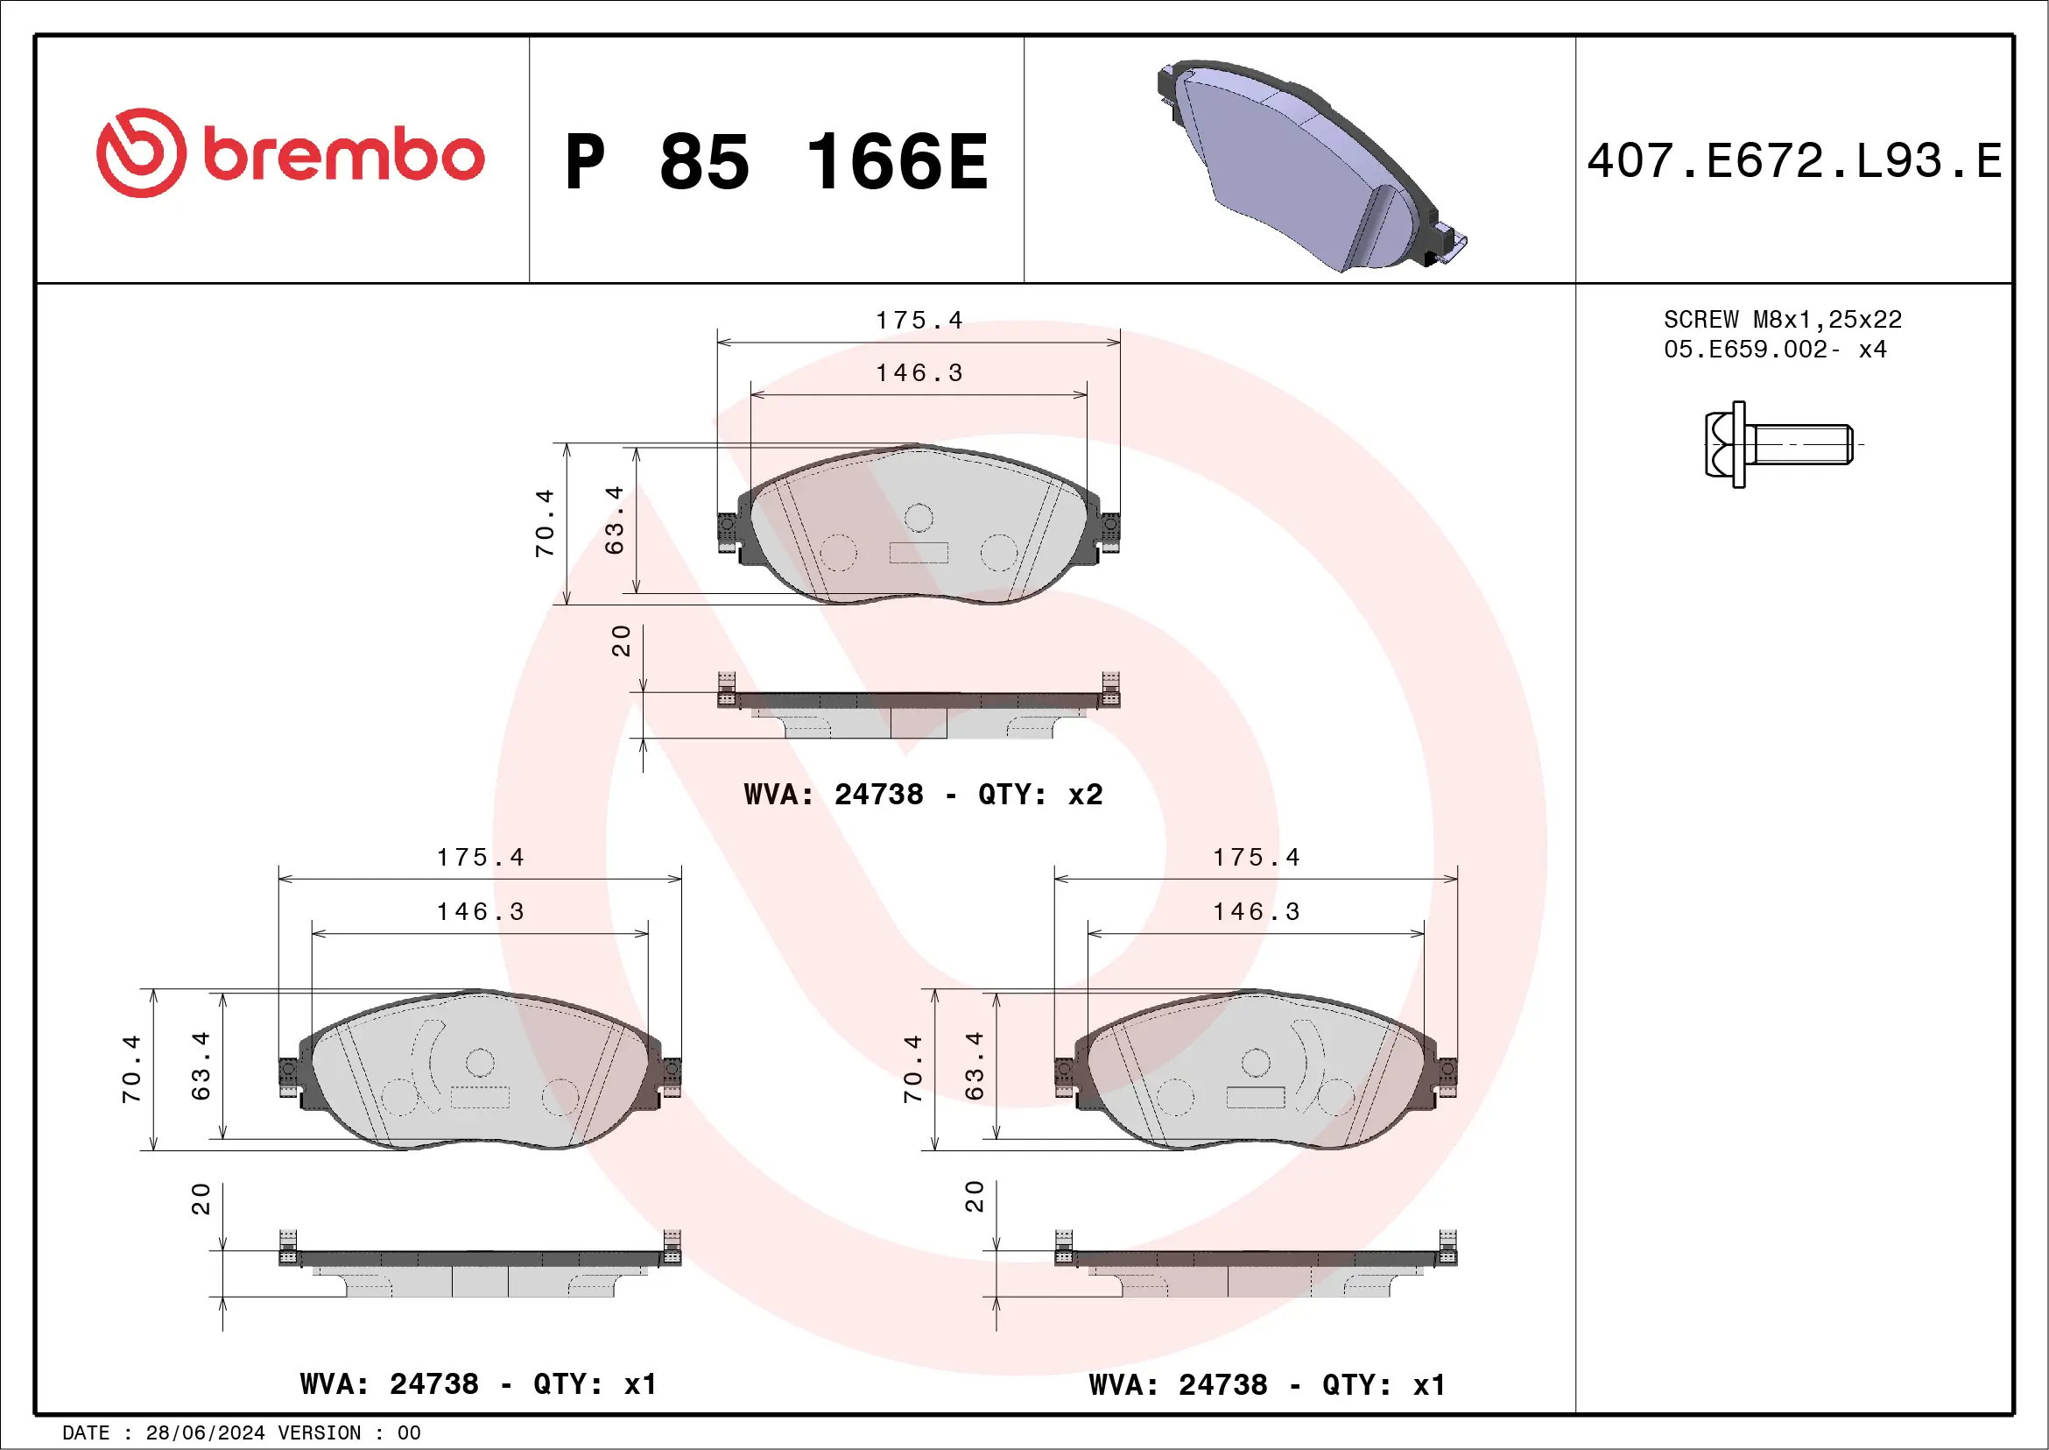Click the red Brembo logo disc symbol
click(141, 152)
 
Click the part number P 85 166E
click(777, 161)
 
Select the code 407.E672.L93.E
click(1794, 161)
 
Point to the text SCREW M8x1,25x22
click(1781, 320)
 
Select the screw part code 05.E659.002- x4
click(1774, 349)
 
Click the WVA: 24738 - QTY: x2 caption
click(923, 794)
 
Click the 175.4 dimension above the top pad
click(919, 321)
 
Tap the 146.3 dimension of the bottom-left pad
click(480, 911)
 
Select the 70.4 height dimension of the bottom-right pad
click(912, 1069)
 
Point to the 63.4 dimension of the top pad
click(614, 520)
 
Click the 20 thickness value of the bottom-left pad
click(201, 1199)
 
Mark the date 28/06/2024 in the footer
click(204, 1433)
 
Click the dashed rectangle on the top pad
click(919, 553)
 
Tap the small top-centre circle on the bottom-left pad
click(480, 1063)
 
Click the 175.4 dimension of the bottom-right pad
click(1256, 858)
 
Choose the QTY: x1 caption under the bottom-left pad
click(595, 1385)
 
